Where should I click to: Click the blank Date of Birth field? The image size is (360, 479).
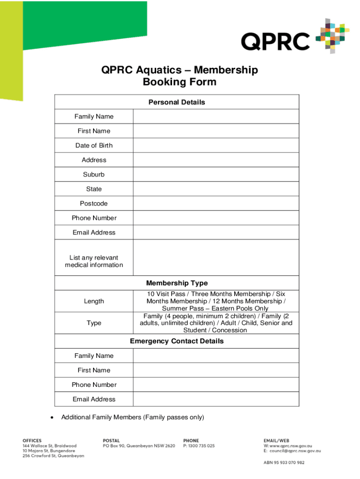click(216, 145)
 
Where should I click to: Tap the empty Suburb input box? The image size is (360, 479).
click(216, 174)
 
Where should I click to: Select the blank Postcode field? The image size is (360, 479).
click(216, 203)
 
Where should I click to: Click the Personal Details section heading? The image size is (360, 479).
click(177, 102)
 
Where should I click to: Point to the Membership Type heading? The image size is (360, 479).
click(177, 283)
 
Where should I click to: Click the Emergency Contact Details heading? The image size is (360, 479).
click(177, 341)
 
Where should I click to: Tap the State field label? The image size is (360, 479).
click(94, 189)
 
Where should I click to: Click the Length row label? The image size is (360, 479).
click(94, 301)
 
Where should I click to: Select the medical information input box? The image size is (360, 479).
click(216, 258)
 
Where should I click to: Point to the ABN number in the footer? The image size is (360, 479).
click(284, 463)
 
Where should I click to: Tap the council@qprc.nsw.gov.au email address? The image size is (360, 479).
click(295, 451)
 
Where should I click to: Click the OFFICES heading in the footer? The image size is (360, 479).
click(32, 441)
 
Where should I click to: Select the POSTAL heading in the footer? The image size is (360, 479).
click(111, 441)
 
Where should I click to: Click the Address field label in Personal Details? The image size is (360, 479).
click(94, 160)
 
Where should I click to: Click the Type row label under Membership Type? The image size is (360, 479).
click(94, 323)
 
